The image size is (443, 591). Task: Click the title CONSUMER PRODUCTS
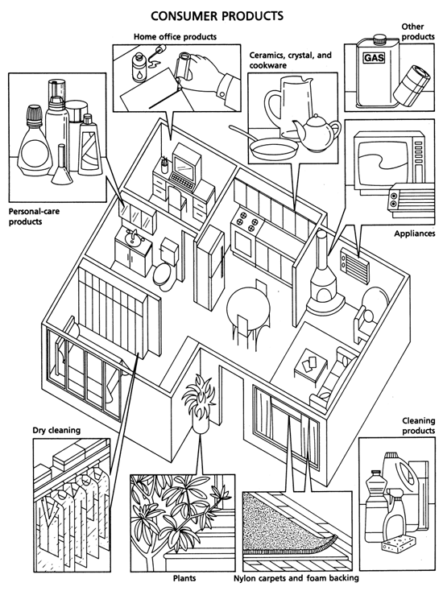click(x=217, y=16)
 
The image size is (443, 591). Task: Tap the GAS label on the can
click(x=374, y=58)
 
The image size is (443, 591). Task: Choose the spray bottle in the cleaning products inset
click(x=395, y=512)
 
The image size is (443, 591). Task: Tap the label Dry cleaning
click(x=56, y=430)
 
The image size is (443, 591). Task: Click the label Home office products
click(x=175, y=36)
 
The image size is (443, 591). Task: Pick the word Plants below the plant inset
click(x=184, y=578)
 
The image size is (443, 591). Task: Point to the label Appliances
click(x=415, y=234)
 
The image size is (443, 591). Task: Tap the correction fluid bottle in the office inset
click(x=139, y=67)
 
